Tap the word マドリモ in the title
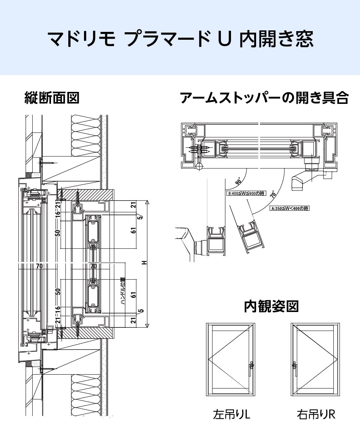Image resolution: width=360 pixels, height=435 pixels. (x=81, y=39)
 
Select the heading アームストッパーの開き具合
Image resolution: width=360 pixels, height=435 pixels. (x=264, y=98)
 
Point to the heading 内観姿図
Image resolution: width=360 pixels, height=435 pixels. (x=271, y=306)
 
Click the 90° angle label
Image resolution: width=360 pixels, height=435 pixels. (x=238, y=182)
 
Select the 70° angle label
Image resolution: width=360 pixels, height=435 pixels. (x=273, y=194)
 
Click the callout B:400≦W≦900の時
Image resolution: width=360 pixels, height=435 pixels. (x=246, y=194)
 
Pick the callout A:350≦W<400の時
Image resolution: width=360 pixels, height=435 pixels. (x=290, y=208)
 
